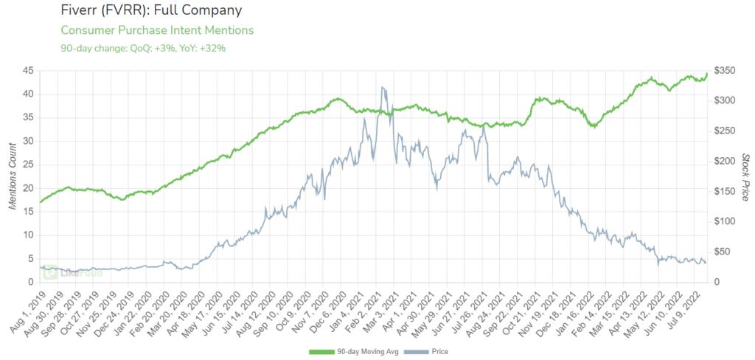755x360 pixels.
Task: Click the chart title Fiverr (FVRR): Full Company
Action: coord(150,11)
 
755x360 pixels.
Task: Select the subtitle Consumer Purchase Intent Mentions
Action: coord(157,30)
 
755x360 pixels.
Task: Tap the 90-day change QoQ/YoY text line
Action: coord(143,48)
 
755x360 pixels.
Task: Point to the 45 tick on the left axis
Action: coord(28,71)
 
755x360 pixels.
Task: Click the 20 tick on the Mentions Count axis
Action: coord(28,188)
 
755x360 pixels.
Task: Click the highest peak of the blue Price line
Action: coord(382,87)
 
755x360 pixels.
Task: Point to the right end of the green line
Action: coord(707,73)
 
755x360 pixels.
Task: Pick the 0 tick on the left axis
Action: coord(31,282)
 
